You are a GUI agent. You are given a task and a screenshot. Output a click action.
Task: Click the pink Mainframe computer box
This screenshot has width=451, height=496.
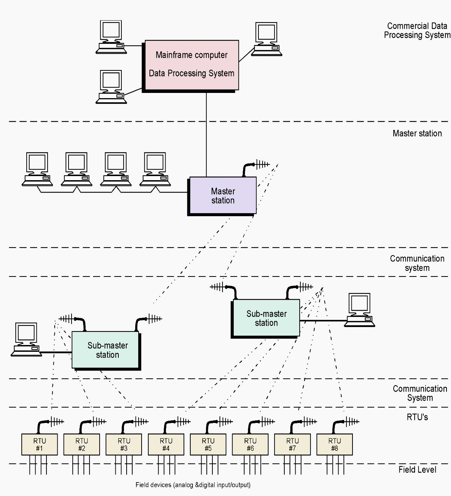(x=191, y=65)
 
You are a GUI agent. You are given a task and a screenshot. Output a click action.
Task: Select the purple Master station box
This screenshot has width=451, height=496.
(x=223, y=196)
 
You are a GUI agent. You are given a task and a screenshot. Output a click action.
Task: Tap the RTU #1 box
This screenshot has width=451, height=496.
(x=39, y=444)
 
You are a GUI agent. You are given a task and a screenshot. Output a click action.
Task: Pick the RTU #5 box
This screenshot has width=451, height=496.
(x=208, y=444)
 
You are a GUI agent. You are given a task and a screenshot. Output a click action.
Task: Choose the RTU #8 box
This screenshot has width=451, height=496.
(x=335, y=444)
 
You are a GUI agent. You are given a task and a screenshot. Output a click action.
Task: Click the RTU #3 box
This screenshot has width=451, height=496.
(x=124, y=444)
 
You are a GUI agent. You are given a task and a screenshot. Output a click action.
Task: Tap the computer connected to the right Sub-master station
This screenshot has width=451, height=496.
(x=360, y=310)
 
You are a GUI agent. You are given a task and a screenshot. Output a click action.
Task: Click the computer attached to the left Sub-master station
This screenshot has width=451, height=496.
(x=26, y=339)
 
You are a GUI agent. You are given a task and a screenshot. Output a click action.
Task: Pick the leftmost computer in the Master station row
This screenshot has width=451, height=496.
(x=37, y=169)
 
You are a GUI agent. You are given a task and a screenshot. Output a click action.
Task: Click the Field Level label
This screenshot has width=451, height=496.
(x=417, y=469)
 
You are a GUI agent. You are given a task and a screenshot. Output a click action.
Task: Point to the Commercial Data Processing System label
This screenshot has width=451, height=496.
(x=417, y=30)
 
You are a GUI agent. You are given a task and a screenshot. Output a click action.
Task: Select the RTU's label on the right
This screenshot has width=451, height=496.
(x=417, y=417)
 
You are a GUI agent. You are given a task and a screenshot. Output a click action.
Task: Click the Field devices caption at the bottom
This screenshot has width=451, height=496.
(x=193, y=485)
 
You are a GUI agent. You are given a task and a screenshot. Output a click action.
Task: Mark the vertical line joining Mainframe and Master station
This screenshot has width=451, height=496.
(x=206, y=135)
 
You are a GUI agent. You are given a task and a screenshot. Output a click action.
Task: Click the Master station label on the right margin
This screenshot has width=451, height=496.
(x=417, y=133)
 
